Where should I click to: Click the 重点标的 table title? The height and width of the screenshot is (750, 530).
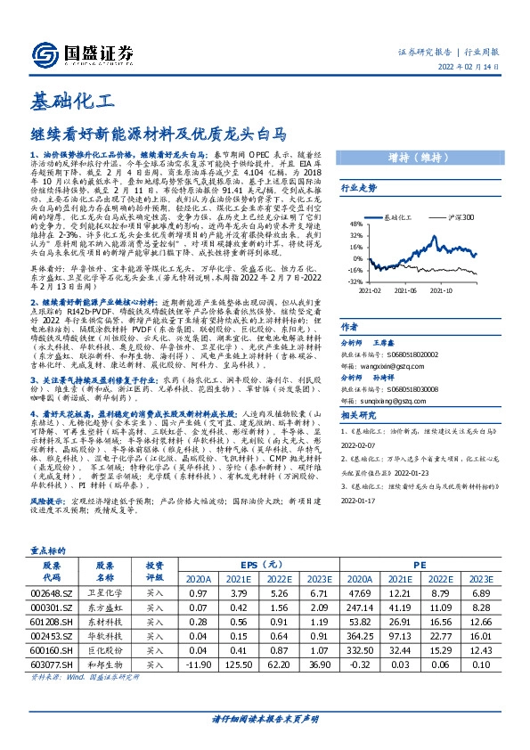(x=49, y=550)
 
